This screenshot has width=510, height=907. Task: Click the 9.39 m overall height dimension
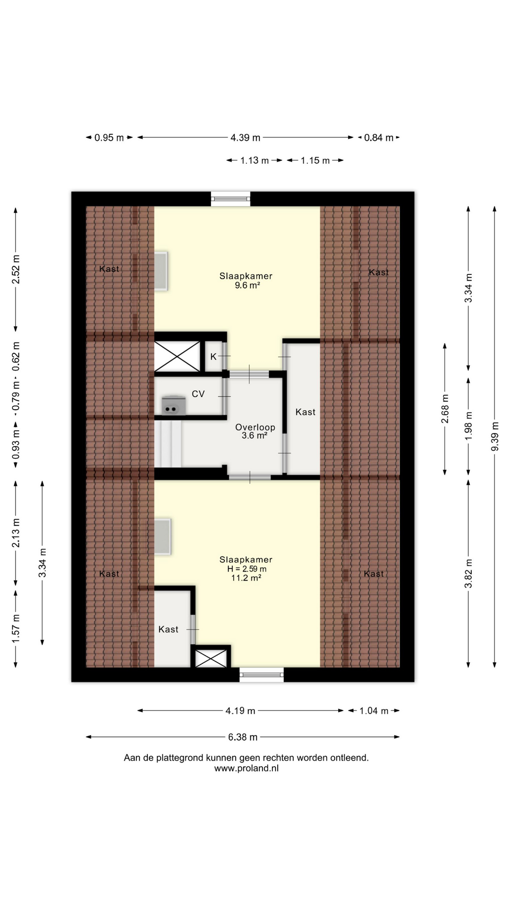click(495, 437)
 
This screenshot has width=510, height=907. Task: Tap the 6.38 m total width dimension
click(243, 736)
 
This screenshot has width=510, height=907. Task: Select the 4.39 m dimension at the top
click(245, 137)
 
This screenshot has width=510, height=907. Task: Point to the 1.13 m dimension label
click(254, 160)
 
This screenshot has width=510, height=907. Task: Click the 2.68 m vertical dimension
click(445, 409)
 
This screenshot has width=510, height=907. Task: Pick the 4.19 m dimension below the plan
click(240, 710)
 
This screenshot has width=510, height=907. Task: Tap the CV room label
click(198, 394)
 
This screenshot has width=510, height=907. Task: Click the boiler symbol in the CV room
click(173, 405)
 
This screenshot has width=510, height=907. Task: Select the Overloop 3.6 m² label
click(255, 431)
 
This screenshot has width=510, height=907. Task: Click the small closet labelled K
click(213, 356)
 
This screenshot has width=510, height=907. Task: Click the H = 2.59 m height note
click(246, 569)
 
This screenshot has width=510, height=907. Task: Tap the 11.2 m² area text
click(246, 577)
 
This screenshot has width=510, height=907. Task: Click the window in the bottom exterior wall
click(262, 675)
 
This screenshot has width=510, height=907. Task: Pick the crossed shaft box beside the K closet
click(178, 356)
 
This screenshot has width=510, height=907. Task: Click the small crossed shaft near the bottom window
click(211, 658)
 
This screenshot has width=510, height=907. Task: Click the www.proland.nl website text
click(246, 768)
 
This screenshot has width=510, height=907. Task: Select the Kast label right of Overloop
click(306, 412)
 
